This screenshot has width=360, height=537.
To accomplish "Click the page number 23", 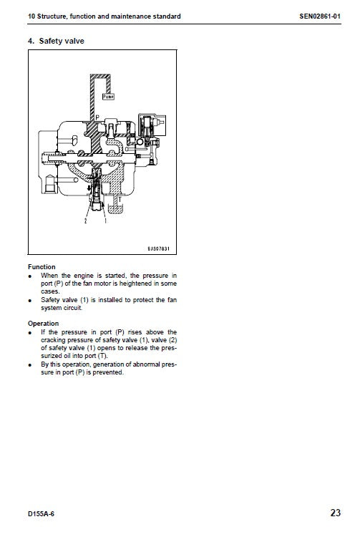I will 336,513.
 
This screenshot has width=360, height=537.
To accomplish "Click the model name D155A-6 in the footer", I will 42,513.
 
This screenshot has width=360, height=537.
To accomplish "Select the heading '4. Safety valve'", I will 56,41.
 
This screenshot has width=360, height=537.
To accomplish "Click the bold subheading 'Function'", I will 42,267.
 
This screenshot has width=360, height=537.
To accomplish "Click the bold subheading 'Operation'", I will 43,324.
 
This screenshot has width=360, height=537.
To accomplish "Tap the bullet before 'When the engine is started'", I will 30,276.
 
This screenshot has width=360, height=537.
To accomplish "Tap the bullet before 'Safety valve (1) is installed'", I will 30,300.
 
